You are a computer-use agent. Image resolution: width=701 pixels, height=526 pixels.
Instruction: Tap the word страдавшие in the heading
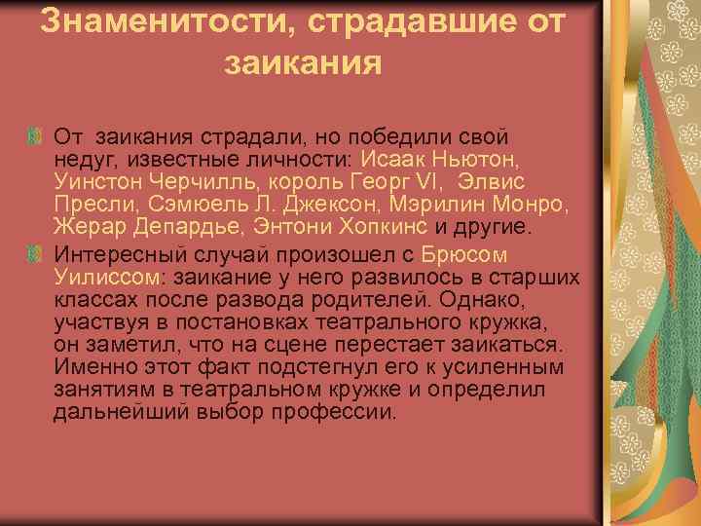click(383, 21)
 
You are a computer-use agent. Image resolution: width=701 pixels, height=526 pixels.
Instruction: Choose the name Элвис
click(495, 182)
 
